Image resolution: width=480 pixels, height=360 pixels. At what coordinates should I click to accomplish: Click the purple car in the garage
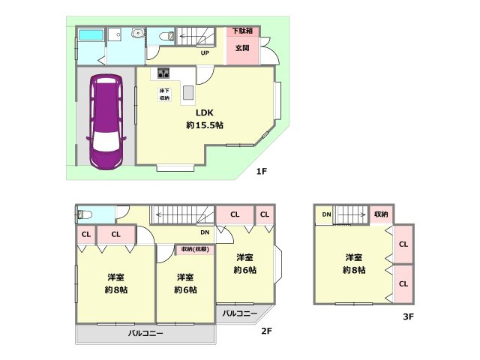tap(106, 121)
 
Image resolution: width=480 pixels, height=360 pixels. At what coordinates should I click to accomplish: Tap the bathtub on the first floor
tap(91, 34)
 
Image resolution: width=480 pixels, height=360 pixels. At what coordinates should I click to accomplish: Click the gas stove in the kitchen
tap(163, 73)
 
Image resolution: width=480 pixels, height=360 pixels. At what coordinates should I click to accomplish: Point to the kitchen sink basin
tap(188, 92)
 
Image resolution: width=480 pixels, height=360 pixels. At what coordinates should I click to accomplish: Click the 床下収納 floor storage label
tap(164, 94)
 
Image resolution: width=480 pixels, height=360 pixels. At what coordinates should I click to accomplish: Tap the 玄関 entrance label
tap(242, 48)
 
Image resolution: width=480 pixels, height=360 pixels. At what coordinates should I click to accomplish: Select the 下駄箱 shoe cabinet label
tap(242, 31)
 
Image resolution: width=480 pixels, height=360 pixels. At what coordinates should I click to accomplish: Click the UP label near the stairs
tap(205, 53)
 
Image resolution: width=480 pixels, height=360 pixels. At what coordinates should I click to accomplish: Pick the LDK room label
tap(205, 112)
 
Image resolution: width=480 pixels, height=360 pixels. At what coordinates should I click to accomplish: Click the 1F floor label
tap(262, 171)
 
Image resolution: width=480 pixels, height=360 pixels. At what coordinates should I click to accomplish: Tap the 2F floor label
tap(266, 331)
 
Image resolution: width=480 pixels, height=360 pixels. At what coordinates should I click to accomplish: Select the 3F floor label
tap(408, 316)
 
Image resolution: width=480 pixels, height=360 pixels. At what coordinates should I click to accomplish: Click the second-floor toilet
tap(85, 214)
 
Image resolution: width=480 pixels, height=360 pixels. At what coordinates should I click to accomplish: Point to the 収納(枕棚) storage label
tap(195, 249)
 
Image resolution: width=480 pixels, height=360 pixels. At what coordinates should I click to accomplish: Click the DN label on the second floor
tap(205, 232)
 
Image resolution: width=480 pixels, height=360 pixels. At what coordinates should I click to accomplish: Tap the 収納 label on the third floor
tap(381, 214)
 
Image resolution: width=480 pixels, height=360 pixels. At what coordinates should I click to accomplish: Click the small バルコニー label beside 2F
tap(240, 313)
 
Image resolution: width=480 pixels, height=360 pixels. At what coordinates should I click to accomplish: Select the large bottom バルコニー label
tap(145, 333)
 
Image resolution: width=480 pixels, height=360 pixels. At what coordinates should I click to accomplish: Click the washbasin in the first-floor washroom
tap(138, 33)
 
